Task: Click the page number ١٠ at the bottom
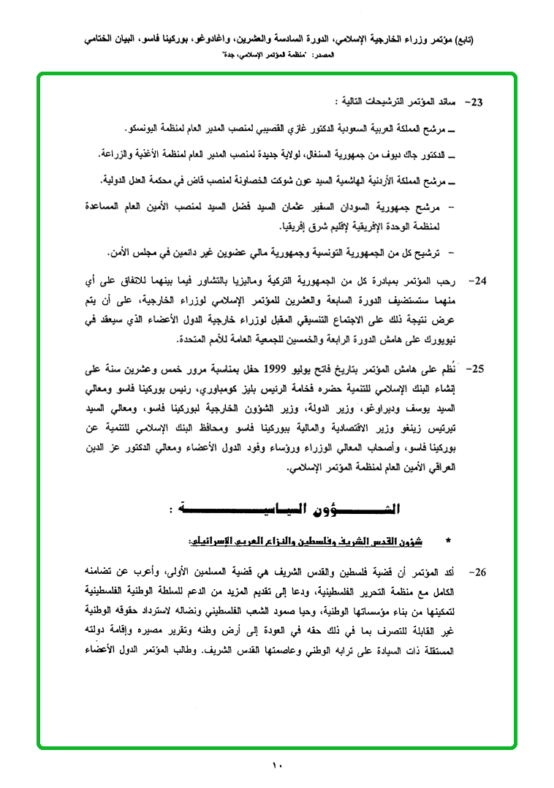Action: pyautogui.click(x=277, y=766)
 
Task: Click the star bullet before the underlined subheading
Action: pyautogui.click(x=448, y=541)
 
